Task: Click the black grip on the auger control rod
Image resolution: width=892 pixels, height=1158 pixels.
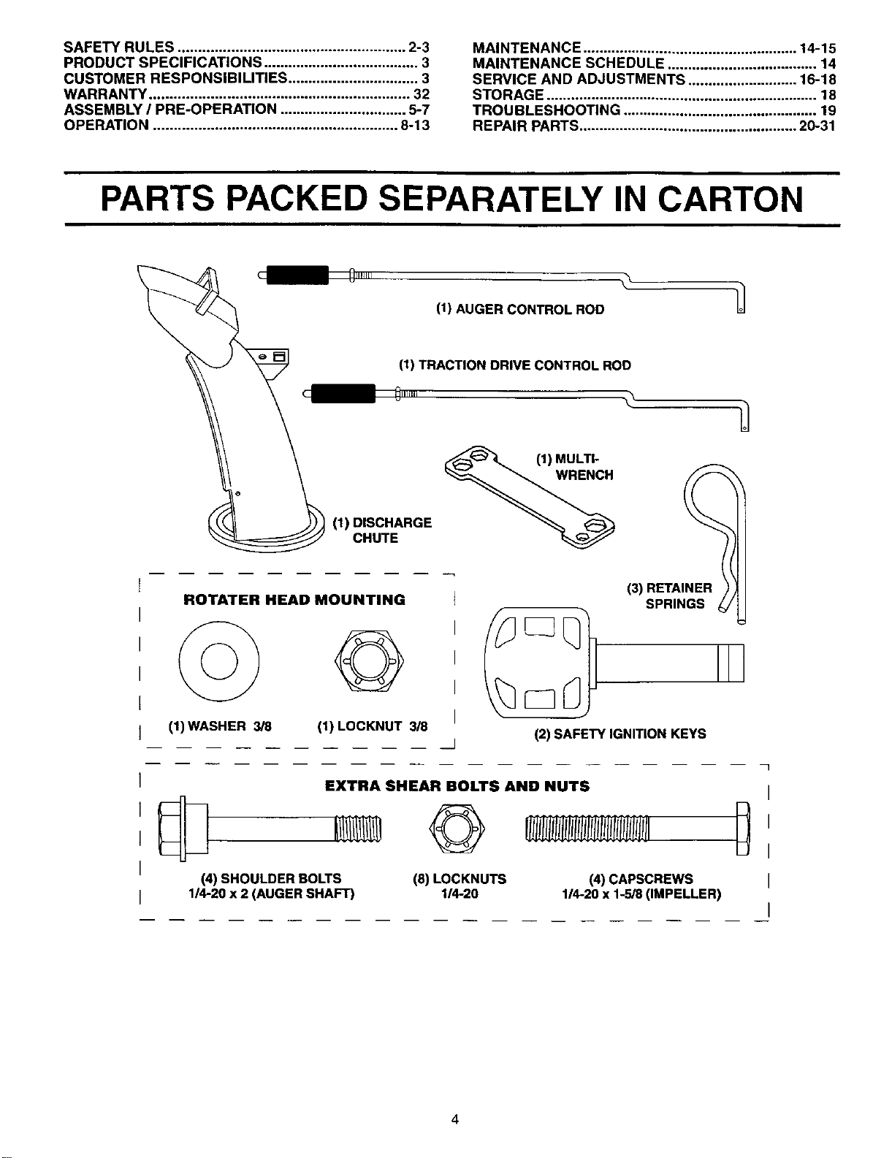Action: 297,275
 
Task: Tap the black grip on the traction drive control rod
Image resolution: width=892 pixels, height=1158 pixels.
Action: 343,393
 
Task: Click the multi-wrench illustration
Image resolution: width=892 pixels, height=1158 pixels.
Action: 530,496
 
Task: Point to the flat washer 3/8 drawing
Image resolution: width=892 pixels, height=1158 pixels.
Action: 219,661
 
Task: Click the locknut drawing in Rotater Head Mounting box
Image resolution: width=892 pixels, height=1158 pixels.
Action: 369,660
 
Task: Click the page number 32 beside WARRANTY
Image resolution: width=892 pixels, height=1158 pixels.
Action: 421,94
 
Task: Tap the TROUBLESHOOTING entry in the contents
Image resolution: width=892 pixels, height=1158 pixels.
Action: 546,110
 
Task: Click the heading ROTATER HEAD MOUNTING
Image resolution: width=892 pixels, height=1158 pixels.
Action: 294,600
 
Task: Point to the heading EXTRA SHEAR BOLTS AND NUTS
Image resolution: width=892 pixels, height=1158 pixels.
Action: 457,787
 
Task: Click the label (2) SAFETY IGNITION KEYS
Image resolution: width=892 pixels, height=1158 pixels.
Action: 620,734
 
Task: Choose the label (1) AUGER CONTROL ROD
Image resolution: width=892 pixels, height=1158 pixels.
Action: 520,310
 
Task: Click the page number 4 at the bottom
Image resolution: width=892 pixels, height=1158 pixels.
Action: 454,1119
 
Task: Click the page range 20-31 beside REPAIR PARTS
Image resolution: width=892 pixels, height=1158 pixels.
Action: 817,126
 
